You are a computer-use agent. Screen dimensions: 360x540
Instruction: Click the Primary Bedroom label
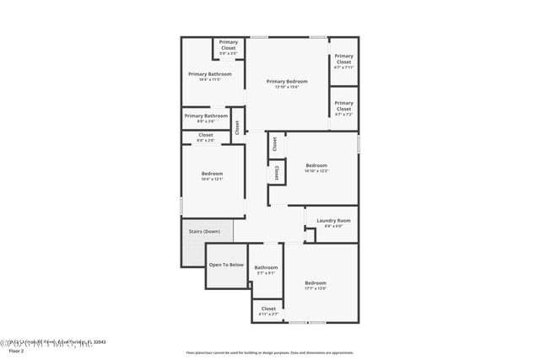pyautogui.click(x=287, y=81)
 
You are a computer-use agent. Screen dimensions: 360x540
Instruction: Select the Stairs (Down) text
pyautogui.click(x=206, y=230)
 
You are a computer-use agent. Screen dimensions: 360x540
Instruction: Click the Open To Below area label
pyautogui.click(x=226, y=265)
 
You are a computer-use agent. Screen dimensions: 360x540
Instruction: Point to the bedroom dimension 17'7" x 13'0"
pyautogui.click(x=316, y=288)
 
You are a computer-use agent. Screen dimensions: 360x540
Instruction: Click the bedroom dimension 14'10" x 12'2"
pyautogui.click(x=316, y=171)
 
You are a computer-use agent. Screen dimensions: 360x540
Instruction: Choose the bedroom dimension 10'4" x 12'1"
pyautogui.click(x=212, y=179)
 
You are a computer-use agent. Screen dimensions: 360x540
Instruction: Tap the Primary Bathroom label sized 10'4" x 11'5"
pyautogui.click(x=209, y=74)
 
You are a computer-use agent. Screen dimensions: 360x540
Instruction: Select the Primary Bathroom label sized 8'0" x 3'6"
pyautogui.click(x=205, y=116)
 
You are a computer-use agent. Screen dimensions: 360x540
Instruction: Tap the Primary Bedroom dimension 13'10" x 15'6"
pyautogui.click(x=287, y=87)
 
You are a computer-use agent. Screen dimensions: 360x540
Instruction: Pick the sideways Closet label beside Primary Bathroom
pyautogui.click(x=237, y=128)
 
